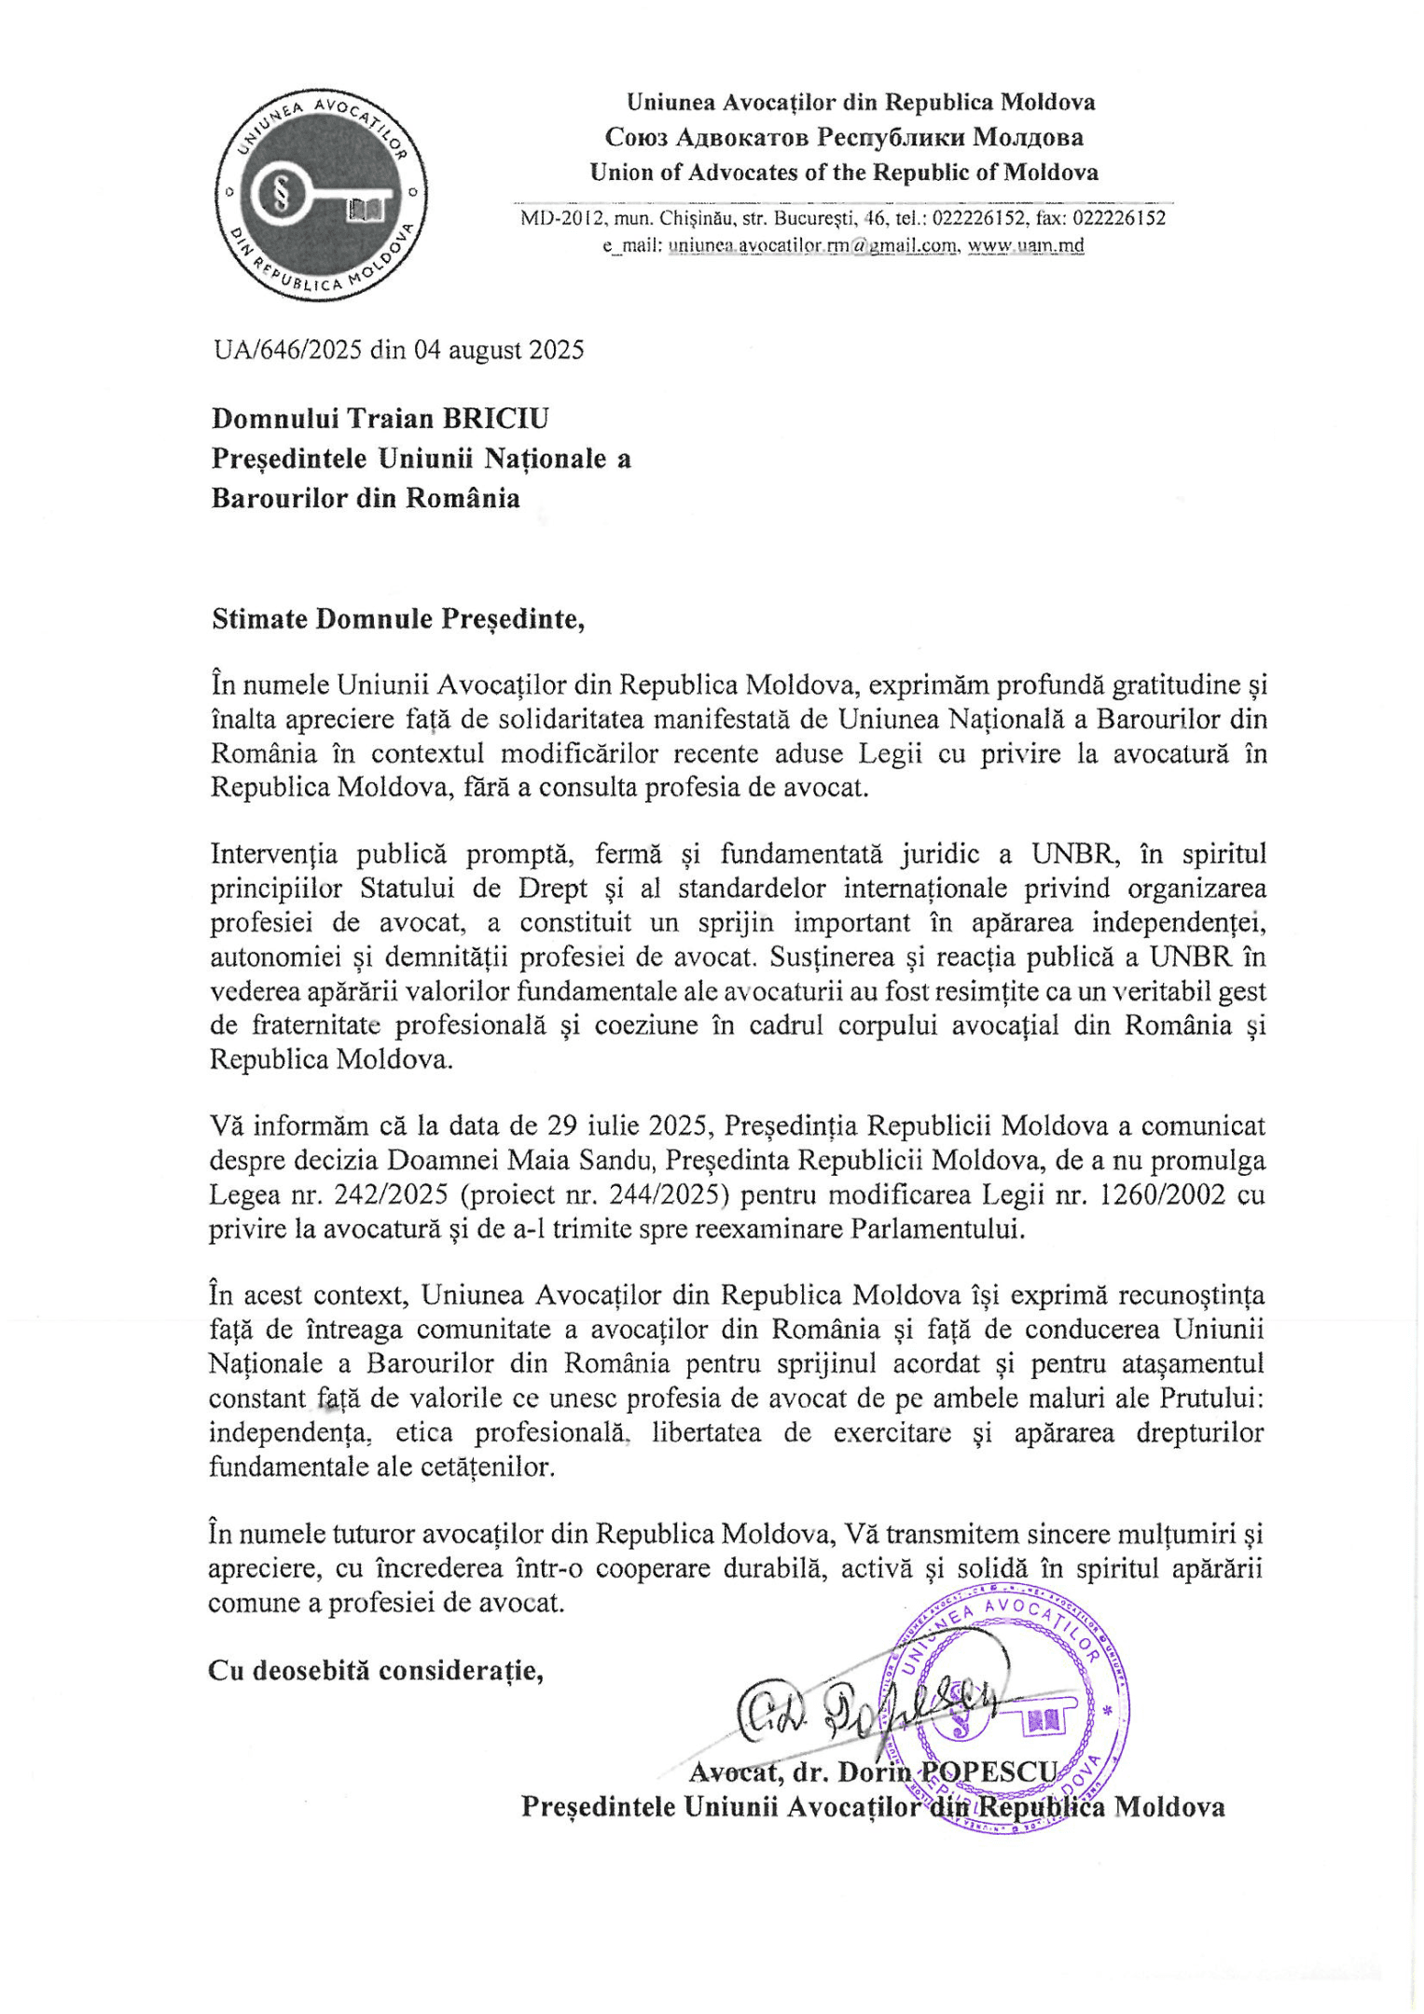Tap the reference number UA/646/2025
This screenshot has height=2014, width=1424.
click(287, 350)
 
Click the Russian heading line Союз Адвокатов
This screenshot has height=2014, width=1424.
click(843, 137)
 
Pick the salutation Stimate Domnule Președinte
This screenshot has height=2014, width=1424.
click(398, 619)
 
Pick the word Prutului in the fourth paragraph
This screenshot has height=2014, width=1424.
click(1211, 1398)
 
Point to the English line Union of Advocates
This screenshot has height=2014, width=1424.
click(843, 172)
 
